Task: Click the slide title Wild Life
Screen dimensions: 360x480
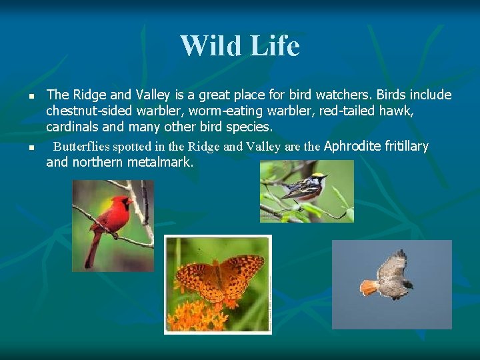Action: click(x=240, y=46)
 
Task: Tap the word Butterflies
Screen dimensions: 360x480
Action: click(x=81, y=147)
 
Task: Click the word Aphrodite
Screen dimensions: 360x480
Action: click(x=353, y=146)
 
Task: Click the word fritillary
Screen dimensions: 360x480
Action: click(x=407, y=146)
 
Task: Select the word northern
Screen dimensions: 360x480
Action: click(x=97, y=161)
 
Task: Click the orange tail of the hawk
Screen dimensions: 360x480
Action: click(x=369, y=287)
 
